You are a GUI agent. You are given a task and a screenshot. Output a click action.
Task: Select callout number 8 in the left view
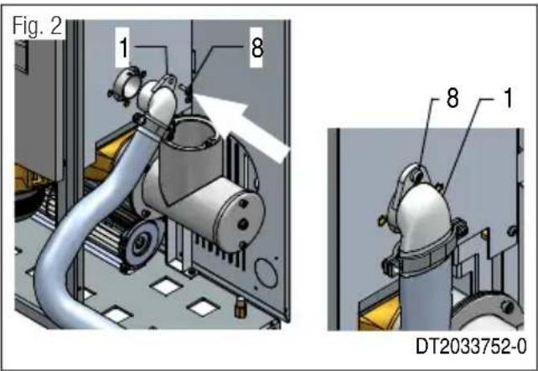click(256, 49)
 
